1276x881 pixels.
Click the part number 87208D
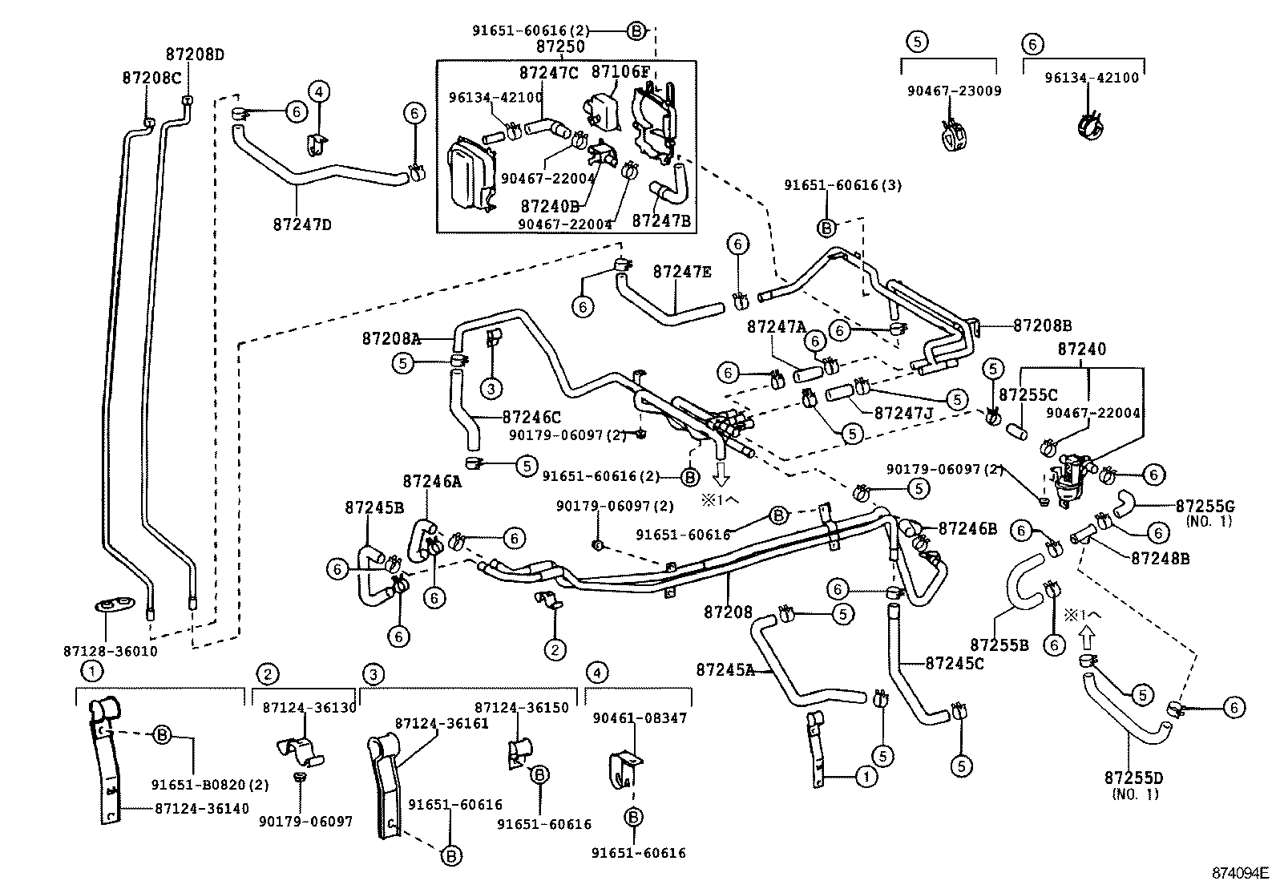195,55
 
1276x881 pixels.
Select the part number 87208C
151,78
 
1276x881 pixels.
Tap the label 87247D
302,224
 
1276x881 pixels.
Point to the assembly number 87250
559,47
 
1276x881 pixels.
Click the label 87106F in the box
620,71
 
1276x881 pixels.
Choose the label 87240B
548,205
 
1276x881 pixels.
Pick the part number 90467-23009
954,91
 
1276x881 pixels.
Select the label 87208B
1042,325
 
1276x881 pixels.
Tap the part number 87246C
531,417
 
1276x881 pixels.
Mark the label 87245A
725,669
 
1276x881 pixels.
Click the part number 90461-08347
640,718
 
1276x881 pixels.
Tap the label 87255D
1133,778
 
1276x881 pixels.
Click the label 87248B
1161,557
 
